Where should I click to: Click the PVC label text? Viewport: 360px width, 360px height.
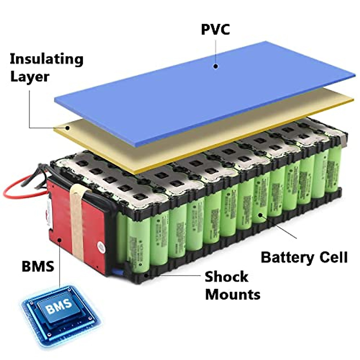[x=215, y=29]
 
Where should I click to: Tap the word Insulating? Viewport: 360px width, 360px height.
[x=46, y=59]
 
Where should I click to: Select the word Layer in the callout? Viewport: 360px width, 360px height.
[x=29, y=77]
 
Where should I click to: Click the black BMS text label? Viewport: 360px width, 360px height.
[x=38, y=266]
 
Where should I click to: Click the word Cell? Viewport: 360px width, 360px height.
[x=333, y=257]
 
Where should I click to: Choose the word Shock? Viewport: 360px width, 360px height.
[x=226, y=277]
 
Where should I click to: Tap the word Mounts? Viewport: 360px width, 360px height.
[x=232, y=294]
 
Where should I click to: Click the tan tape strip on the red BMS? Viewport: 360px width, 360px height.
[x=76, y=222]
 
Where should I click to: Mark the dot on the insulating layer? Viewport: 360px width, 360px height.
[x=68, y=128]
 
